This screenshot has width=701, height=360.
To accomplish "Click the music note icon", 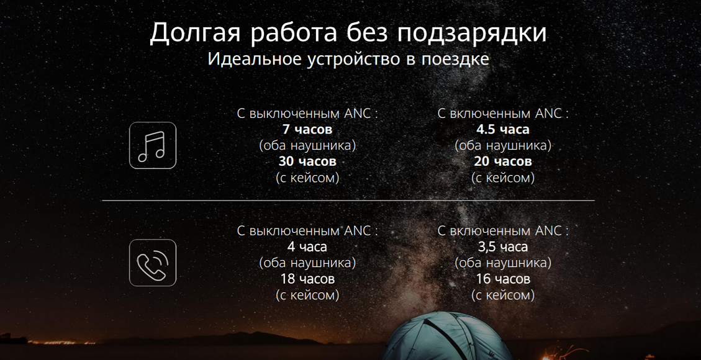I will click(x=153, y=145).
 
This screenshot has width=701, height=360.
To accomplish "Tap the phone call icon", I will click(x=153, y=263).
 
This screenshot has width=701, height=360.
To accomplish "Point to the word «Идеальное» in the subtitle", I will click(x=251, y=60).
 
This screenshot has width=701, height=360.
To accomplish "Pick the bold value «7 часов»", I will click(x=307, y=130).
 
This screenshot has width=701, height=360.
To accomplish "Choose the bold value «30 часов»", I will click(x=307, y=161).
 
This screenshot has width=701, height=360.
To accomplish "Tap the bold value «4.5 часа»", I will click(x=503, y=130).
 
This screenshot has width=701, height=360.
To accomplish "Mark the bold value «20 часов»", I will click(x=503, y=161).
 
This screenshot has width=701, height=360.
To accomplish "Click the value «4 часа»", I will click(x=307, y=247).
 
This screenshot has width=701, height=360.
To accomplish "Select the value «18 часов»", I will click(x=307, y=279).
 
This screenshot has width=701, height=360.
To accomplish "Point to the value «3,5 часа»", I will click(x=503, y=247).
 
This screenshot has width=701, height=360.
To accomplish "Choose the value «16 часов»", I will click(x=503, y=279).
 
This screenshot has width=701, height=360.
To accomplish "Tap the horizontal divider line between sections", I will click(x=348, y=200).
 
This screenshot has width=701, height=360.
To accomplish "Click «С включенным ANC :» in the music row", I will click(x=503, y=114).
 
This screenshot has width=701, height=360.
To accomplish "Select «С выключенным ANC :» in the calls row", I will click(x=307, y=231).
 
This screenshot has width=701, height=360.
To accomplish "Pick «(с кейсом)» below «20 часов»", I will click(x=503, y=178).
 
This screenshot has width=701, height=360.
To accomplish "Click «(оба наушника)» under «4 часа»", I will click(x=307, y=263).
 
